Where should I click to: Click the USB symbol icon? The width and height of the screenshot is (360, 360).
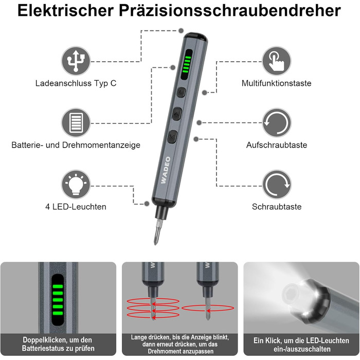76,61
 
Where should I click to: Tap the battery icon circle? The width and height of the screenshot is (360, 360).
76,122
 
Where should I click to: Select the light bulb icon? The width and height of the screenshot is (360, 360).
76,184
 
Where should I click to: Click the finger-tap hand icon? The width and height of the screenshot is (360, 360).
277,61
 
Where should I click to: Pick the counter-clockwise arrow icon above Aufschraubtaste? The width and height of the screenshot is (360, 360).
277,122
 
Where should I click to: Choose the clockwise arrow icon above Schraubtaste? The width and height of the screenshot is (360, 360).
277,184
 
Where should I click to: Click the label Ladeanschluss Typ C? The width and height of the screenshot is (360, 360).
76,83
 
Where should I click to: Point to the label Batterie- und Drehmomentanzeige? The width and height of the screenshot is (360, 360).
76,145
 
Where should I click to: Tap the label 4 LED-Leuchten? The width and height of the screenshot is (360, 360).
76,207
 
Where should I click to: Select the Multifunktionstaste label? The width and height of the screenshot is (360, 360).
277,83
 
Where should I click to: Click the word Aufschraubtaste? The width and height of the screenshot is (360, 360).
277,145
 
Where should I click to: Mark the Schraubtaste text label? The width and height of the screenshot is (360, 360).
277,207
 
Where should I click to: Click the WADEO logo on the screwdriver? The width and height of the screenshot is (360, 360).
166,170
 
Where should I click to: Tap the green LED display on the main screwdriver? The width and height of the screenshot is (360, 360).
186,64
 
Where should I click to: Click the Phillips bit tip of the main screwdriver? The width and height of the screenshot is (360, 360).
156,236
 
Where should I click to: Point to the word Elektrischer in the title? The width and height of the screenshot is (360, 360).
66,10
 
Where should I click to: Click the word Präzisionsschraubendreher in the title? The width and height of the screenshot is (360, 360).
230,11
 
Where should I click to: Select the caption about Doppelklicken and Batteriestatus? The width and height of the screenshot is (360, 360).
58,344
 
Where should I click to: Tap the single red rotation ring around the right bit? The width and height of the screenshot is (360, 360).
208,308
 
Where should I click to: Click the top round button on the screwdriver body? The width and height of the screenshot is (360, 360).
181,92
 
